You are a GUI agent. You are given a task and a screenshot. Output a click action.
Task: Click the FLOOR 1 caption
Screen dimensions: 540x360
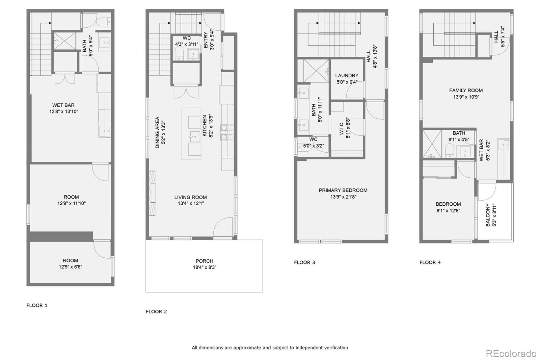tap(37, 305)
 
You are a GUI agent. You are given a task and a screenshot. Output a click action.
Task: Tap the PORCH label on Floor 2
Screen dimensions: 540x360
tap(205, 261)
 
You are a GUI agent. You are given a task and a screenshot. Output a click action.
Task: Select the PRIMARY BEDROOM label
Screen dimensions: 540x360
tap(343, 190)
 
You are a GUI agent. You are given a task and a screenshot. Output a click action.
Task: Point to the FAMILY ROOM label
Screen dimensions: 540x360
tap(466, 90)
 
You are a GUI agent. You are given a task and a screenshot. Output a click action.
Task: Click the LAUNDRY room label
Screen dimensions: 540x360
tap(347, 76)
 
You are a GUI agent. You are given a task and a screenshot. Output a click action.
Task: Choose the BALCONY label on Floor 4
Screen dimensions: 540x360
tap(488, 215)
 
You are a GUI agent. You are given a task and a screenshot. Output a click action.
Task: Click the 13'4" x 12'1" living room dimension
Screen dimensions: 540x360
tap(191, 203)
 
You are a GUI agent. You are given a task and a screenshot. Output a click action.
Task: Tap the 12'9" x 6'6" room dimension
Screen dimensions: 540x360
tap(71, 266)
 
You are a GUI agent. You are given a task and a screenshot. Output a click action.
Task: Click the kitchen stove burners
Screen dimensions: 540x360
tap(227, 132)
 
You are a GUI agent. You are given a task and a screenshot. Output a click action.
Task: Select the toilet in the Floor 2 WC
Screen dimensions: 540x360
tap(179, 53)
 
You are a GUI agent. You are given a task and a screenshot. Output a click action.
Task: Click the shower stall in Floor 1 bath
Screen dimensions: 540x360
tap(64, 41)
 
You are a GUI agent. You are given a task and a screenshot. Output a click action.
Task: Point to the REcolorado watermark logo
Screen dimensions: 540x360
tap(511, 354)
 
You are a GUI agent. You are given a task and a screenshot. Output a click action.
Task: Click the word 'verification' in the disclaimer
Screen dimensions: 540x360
tap(335, 348)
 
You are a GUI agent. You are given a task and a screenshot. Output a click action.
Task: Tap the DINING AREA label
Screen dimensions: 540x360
tap(157, 132)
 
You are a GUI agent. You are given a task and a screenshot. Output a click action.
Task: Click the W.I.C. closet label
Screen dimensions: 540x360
tap(342, 128)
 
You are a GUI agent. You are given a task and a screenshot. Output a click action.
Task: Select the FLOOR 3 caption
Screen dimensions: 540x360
tap(304, 262)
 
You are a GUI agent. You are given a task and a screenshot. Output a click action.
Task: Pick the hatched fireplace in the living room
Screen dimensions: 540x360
tap(152, 193)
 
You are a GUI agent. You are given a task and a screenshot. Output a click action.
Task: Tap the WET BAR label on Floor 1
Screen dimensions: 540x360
tap(63, 105)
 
